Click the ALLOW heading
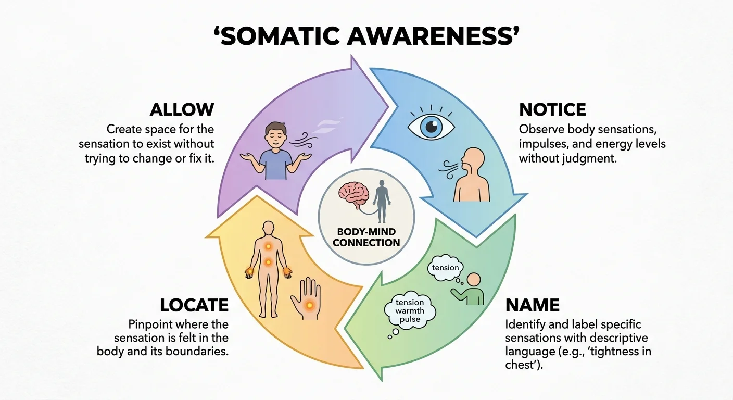click(182, 110)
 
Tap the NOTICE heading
click(552, 110)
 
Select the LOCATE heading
click(194, 305)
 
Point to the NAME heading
click(533, 305)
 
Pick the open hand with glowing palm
click(306, 298)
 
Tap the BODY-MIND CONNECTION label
click(366, 238)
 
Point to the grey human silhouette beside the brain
click(382, 202)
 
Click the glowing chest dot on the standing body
click(268, 246)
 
